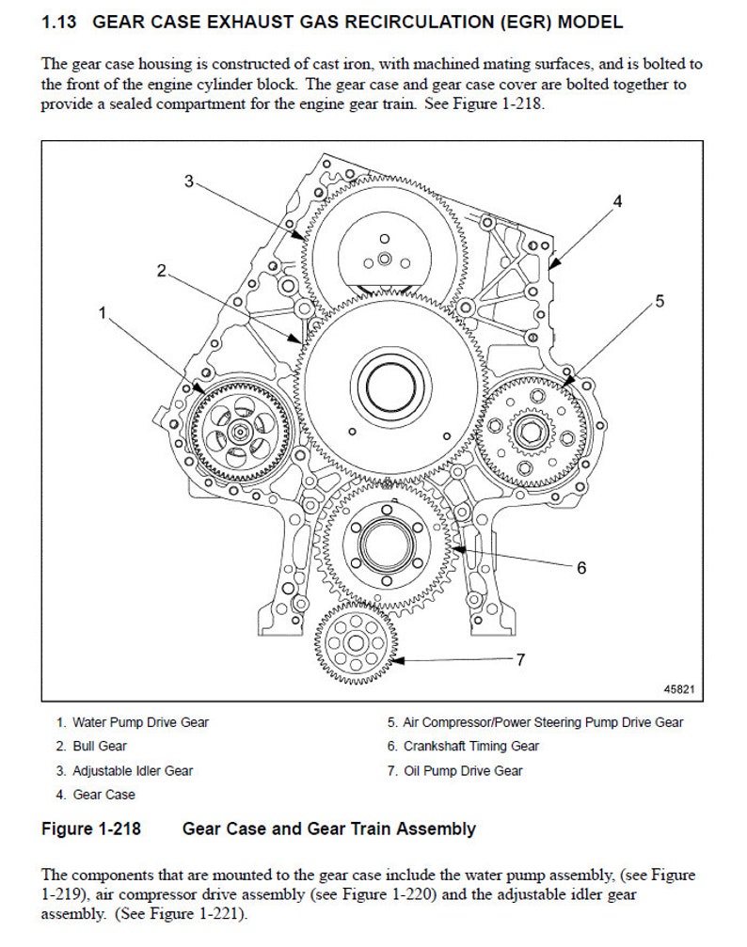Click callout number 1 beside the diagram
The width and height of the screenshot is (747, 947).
[x=103, y=312]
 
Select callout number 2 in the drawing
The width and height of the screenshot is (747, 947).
[x=162, y=271]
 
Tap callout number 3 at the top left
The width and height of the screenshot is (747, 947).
[x=188, y=182]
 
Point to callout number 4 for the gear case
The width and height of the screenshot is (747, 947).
[x=617, y=201]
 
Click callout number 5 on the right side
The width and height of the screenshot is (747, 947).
[x=659, y=301]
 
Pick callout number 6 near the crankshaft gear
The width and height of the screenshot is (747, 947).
[x=581, y=567]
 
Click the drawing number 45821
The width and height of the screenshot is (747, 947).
[x=677, y=688]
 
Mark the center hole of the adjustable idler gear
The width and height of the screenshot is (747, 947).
[x=383, y=258]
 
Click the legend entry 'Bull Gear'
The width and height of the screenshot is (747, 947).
[x=99, y=747]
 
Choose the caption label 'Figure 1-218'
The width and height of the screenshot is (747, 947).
[x=92, y=829]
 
